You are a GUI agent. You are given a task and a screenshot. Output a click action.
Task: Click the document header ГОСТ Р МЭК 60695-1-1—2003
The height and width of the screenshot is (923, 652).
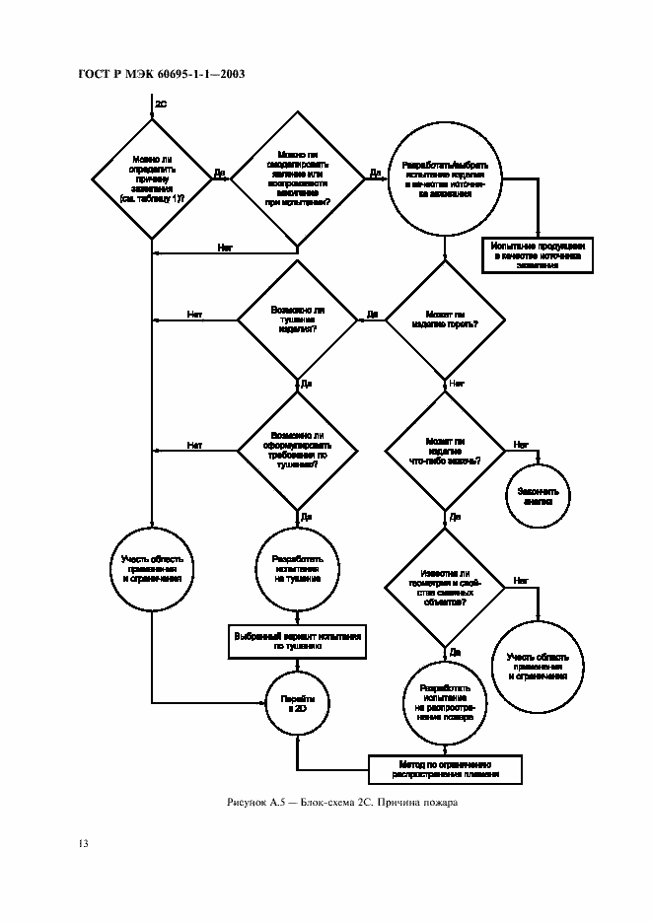[x=160, y=75]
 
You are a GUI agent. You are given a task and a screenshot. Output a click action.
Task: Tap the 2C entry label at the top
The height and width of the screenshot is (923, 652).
[x=161, y=102]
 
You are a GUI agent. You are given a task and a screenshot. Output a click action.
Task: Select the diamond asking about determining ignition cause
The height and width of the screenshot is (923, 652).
[x=151, y=178]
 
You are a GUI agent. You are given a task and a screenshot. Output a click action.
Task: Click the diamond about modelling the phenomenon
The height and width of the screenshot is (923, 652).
[x=297, y=178]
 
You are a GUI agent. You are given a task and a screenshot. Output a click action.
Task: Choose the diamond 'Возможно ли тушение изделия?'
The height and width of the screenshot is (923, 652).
[x=297, y=319]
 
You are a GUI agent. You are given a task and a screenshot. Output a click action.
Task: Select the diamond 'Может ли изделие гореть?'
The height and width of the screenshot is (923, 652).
[x=445, y=319]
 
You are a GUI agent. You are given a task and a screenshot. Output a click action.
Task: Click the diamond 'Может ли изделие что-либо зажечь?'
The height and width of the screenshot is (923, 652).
[x=445, y=451]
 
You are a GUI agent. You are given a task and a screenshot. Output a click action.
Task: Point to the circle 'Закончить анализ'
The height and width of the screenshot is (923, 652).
[x=539, y=495]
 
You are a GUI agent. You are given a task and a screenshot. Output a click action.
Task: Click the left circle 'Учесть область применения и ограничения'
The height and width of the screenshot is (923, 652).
[x=151, y=571]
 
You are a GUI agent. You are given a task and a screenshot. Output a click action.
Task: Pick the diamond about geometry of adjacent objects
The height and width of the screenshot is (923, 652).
[x=445, y=588]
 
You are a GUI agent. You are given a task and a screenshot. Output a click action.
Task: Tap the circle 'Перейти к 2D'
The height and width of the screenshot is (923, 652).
[x=297, y=702]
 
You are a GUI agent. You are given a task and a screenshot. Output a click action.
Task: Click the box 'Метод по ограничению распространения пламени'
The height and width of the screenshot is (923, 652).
[x=445, y=768]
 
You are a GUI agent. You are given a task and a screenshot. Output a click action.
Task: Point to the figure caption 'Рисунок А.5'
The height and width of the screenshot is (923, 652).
[x=339, y=802]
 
